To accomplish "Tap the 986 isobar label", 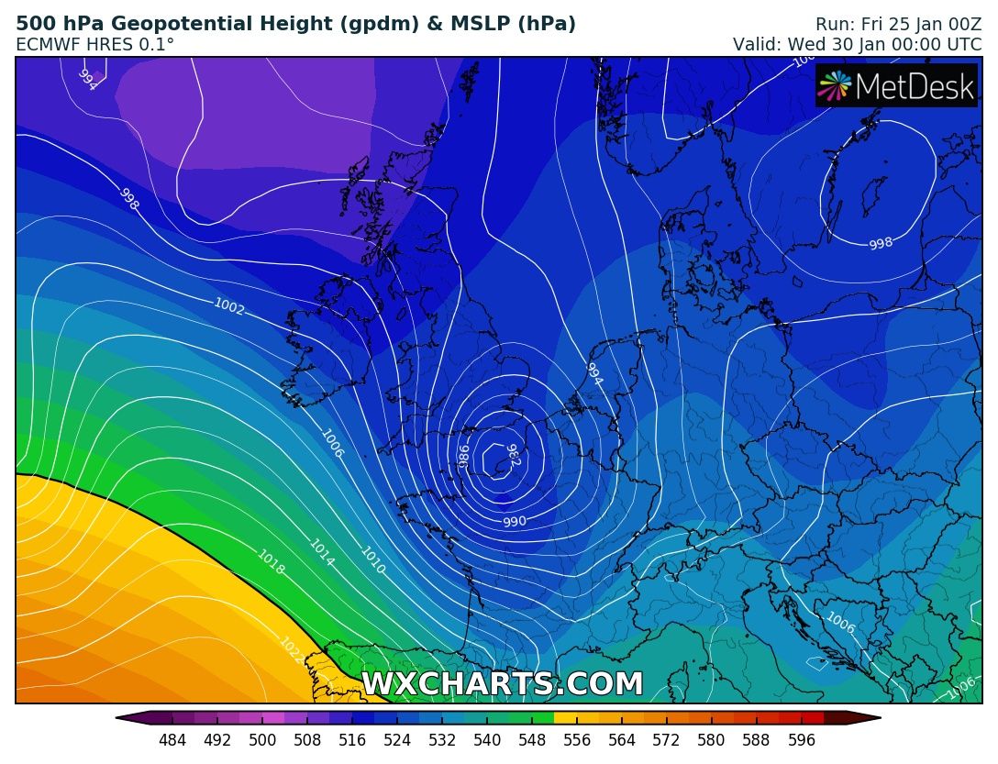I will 464,455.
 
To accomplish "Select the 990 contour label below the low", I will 515,522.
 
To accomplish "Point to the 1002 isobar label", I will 229,306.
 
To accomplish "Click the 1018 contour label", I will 271,562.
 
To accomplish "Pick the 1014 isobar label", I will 322,551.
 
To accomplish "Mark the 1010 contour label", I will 372,560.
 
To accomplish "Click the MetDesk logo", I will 897,86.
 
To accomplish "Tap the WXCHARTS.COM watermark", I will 503,684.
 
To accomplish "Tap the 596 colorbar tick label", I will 802,740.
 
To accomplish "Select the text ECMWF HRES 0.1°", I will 94,44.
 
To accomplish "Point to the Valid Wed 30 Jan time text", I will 857,44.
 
